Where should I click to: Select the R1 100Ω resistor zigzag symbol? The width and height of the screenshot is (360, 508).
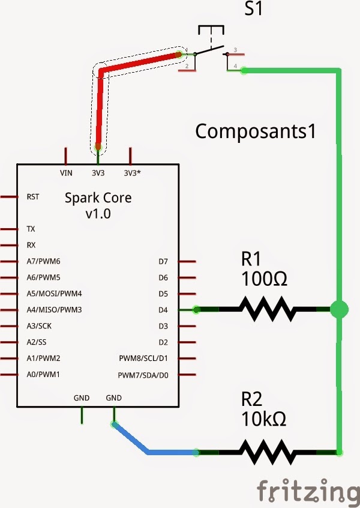(x=268, y=310)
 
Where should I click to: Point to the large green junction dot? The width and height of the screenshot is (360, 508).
(x=340, y=309)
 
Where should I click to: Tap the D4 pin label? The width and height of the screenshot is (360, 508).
(x=163, y=310)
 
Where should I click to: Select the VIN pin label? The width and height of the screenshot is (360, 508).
(x=66, y=173)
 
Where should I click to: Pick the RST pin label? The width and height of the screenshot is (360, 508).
(x=33, y=196)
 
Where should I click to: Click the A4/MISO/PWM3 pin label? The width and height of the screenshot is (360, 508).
(x=54, y=310)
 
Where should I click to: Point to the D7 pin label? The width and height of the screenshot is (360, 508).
(x=163, y=262)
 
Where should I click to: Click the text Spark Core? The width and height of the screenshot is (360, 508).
(x=98, y=198)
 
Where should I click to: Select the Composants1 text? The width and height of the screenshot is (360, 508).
(x=256, y=131)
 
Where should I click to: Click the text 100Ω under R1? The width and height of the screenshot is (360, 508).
(x=265, y=279)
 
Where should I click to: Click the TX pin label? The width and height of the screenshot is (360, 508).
(x=31, y=229)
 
